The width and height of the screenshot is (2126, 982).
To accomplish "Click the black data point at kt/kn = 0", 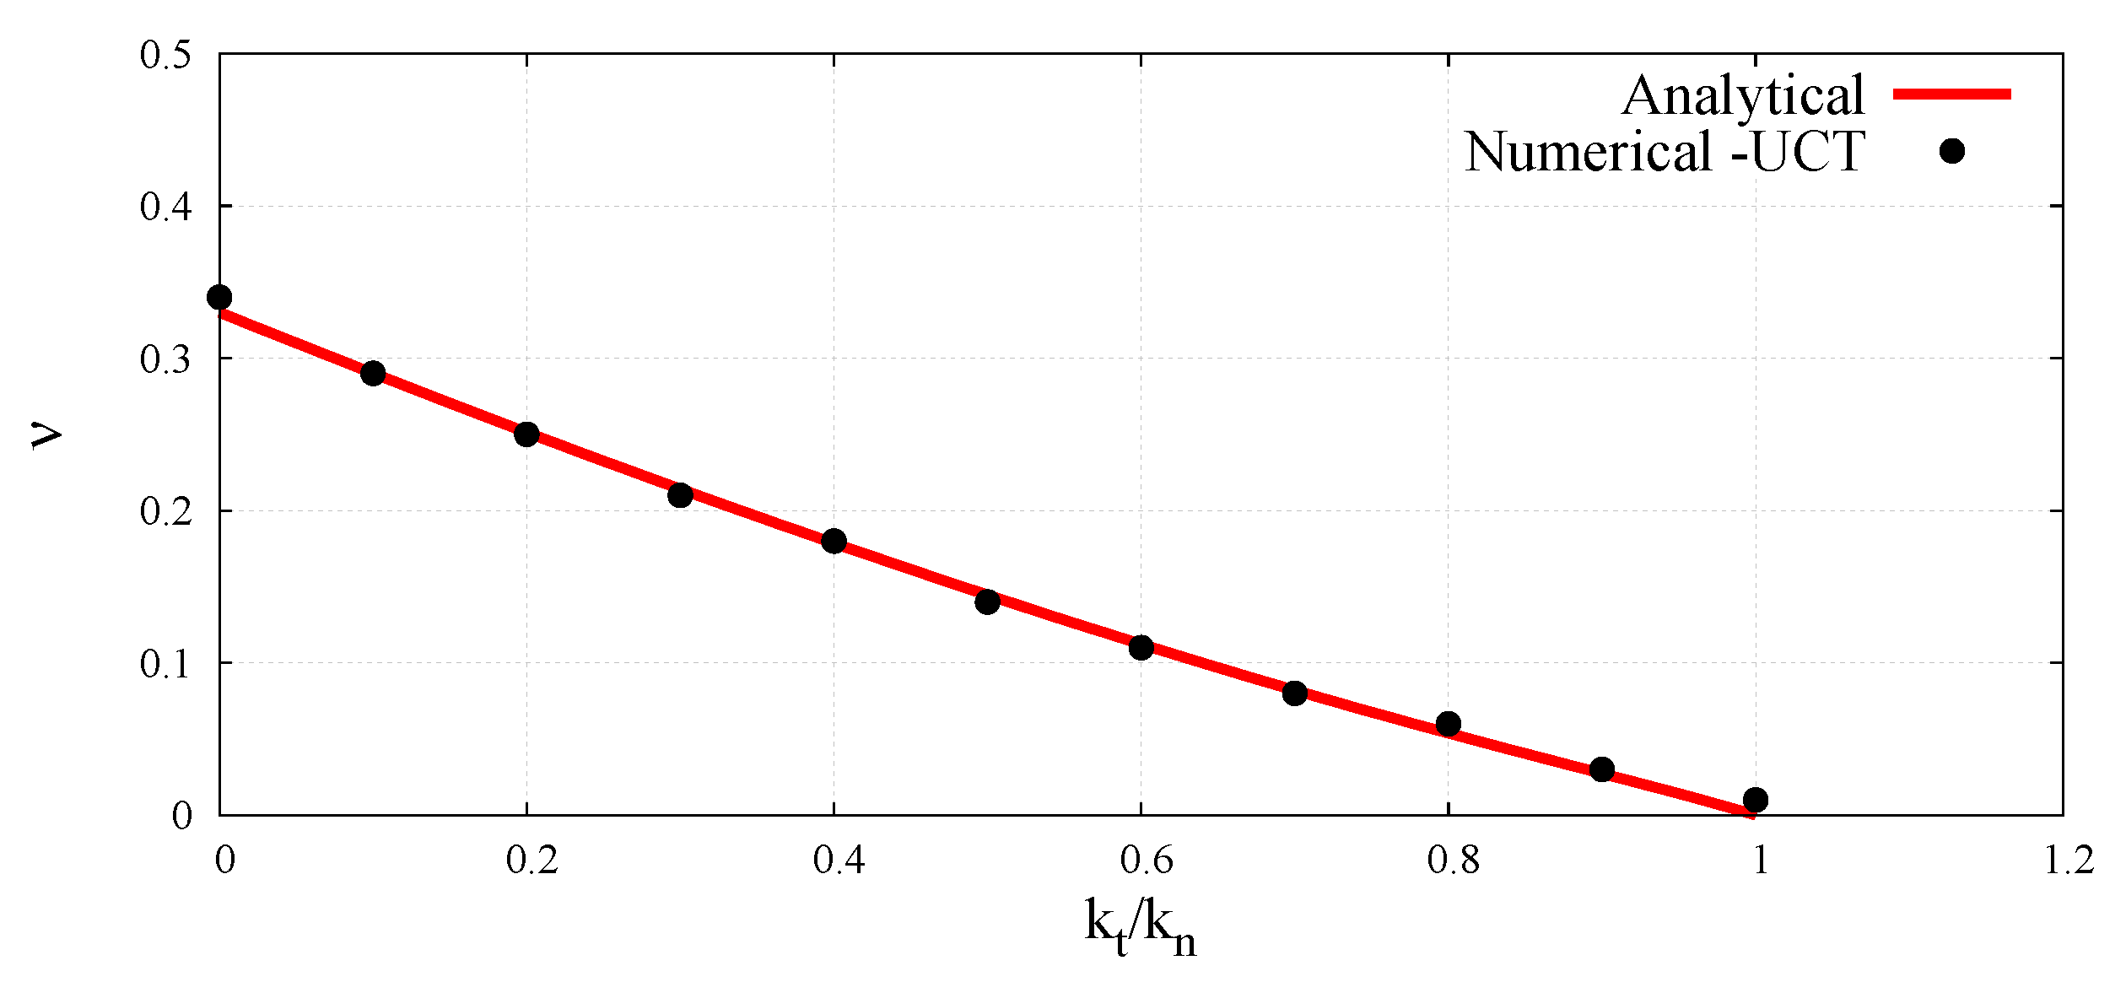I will tap(219, 297).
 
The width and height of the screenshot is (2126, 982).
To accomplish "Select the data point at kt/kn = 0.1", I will tap(373, 373).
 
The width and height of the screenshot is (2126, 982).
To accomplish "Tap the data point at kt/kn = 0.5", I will tap(987, 602).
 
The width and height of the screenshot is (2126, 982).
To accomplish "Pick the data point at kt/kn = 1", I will tap(1756, 799).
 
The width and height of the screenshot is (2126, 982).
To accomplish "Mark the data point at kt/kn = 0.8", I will tap(1448, 723).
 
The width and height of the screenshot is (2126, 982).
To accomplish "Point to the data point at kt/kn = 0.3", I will tap(680, 494).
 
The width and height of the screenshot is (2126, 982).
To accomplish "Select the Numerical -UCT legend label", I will tap(1664, 152).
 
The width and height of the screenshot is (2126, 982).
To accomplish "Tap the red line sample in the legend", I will tap(1952, 94).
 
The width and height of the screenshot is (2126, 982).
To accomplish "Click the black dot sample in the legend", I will tap(1952, 151).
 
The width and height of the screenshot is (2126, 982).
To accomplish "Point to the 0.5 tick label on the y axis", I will tap(165, 55).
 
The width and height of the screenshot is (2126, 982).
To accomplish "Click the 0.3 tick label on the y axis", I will tap(165, 359).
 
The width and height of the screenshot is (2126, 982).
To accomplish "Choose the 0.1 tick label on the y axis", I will tap(165, 664).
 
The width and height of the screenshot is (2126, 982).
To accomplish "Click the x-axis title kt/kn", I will tap(1141, 926).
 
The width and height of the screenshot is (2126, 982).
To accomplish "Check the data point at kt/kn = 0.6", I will tap(1141, 647).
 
